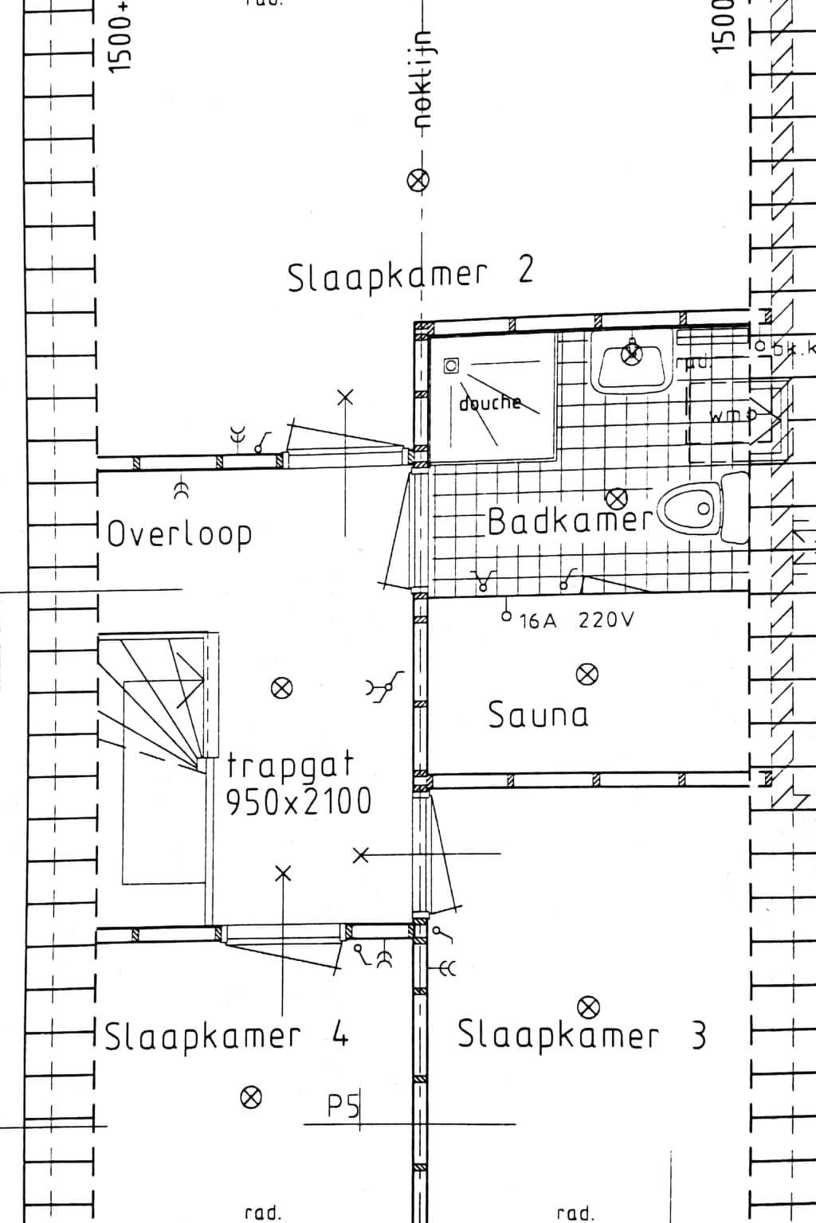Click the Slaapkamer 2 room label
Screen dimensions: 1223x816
pyautogui.click(x=410, y=275)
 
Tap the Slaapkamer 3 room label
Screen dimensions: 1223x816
pyautogui.click(x=581, y=1036)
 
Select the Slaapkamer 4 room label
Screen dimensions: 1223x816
pyautogui.click(x=227, y=1036)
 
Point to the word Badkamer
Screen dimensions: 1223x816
pyautogui.click(x=570, y=522)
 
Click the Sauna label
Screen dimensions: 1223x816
pyautogui.click(x=539, y=715)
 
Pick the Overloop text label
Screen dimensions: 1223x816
pyautogui.click(x=179, y=534)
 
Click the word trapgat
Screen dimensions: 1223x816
pyautogui.click(x=290, y=766)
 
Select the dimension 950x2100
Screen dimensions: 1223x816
pyautogui.click(x=299, y=802)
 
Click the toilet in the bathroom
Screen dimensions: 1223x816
pyautogui.click(x=692, y=508)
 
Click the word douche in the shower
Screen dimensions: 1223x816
pyautogui.click(x=489, y=403)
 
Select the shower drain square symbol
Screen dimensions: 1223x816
pyautogui.click(x=452, y=365)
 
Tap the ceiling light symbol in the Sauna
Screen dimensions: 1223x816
pyautogui.click(x=587, y=674)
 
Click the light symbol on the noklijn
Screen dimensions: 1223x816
pyautogui.click(x=419, y=181)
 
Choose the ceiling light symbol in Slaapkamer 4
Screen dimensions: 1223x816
pyautogui.click(x=251, y=1098)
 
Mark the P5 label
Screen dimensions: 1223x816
pyautogui.click(x=343, y=1106)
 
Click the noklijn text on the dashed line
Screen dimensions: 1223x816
pyautogui.click(x=422, y=80)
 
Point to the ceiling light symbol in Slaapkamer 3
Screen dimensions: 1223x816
pyautogui.click(x=589, y=1007)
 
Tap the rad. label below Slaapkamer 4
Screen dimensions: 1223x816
pyautogui.click(x=263, y=1213)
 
